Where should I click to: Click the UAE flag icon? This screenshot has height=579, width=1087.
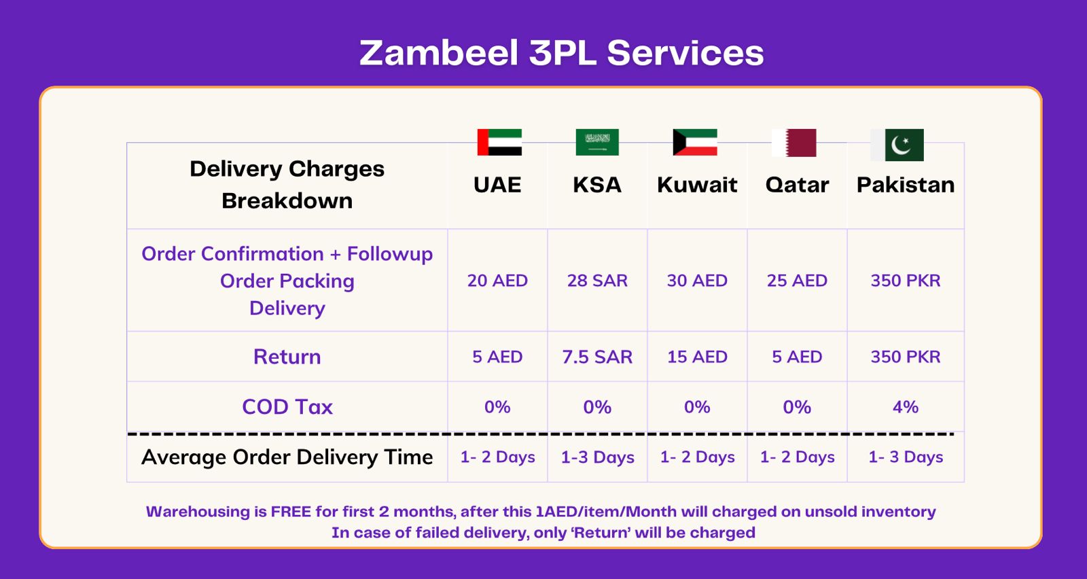pos(499,142)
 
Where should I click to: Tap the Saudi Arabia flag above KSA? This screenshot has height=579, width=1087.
pos(597,142)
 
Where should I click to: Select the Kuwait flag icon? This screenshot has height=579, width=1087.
pos(695,142)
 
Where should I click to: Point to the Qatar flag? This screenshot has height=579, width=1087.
pos(794,143)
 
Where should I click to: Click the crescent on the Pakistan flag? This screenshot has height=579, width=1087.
pos(900,145)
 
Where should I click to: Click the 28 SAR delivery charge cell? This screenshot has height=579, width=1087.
pos(597,281)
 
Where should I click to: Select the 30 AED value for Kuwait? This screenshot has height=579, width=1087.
pos(697,281)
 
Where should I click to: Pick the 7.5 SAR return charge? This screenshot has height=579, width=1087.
pos(597,357)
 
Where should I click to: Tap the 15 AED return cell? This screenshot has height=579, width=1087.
pos(697,357)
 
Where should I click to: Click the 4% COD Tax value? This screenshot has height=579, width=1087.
pos(906,406)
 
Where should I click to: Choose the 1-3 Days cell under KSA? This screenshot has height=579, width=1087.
pos(597,457)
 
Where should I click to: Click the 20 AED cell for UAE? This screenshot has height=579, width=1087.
pos(497,281)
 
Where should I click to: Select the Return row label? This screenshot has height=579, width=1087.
pos(287,357)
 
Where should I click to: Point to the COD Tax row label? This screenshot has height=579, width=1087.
pos(287,406)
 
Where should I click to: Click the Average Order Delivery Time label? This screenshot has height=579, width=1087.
pos(287,457)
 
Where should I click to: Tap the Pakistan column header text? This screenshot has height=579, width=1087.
pos(906,185)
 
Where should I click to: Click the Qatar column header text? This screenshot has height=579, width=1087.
pos(797,185)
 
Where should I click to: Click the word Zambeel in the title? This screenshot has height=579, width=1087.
pos(439,53)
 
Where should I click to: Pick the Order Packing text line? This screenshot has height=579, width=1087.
pos(287,281)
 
